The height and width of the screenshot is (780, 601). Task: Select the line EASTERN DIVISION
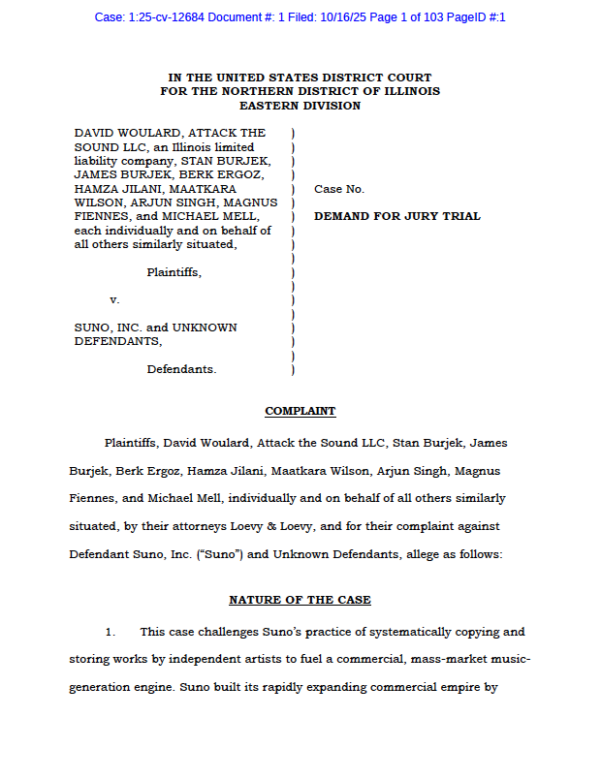(300, 106)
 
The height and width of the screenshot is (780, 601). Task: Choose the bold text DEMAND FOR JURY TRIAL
(396, 216)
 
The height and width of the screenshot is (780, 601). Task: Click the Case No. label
(339, 189)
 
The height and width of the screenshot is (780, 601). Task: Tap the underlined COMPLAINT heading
(300, 411)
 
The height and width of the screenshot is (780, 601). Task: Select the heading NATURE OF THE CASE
(300, 600)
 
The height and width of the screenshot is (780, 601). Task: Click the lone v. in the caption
(114, 300)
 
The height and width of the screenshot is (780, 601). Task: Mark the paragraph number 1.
(111, 632)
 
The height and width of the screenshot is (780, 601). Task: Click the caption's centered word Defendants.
(181, 369)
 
